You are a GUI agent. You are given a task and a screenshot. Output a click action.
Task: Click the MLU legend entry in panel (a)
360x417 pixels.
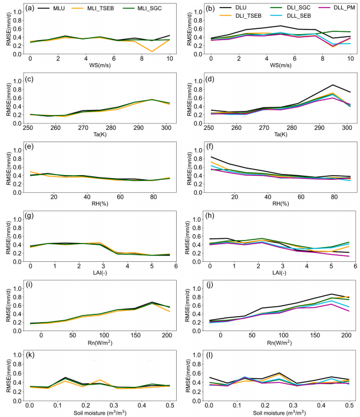pos(51,8)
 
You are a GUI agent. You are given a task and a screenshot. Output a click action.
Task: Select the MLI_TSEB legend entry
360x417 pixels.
pos(93,8)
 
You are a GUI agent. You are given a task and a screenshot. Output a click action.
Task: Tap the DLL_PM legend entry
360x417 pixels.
pos(338,8)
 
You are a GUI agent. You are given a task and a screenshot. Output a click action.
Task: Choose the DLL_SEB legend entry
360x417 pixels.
pos(290,16)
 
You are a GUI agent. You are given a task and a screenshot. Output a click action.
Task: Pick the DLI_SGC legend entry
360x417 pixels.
pos(290,8)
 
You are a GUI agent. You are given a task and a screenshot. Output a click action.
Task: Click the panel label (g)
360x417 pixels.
pos(29,215)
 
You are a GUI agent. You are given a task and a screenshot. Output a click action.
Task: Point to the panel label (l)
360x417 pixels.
pos(209,355)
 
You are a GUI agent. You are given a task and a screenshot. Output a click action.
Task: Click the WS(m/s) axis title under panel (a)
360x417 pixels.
pos(100,65)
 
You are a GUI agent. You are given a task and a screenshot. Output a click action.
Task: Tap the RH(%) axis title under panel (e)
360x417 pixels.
pos(100,203)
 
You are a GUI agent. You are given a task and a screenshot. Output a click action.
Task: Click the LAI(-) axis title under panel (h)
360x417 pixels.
pos(279,272)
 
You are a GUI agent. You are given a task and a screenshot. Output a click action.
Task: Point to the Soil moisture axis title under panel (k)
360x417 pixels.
pos(100,413)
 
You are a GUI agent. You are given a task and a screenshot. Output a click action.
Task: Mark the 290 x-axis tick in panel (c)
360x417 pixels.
pos(138,127)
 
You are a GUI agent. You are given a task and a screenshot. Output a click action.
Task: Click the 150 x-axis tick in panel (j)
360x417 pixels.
pos(315,335)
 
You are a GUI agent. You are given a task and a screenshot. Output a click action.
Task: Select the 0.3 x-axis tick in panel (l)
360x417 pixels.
pos(293,405)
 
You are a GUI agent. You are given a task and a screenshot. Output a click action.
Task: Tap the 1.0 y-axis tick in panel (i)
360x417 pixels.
pos(17,288)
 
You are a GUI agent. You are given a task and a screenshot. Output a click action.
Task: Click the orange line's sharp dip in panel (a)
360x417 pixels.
pos(152,51)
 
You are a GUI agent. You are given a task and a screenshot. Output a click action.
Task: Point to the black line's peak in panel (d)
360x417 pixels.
pos(333,85)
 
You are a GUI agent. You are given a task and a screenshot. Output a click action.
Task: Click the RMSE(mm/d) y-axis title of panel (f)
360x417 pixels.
pos(189,169)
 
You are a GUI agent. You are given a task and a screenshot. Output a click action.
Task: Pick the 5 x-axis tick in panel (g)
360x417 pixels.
pos(151,266)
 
